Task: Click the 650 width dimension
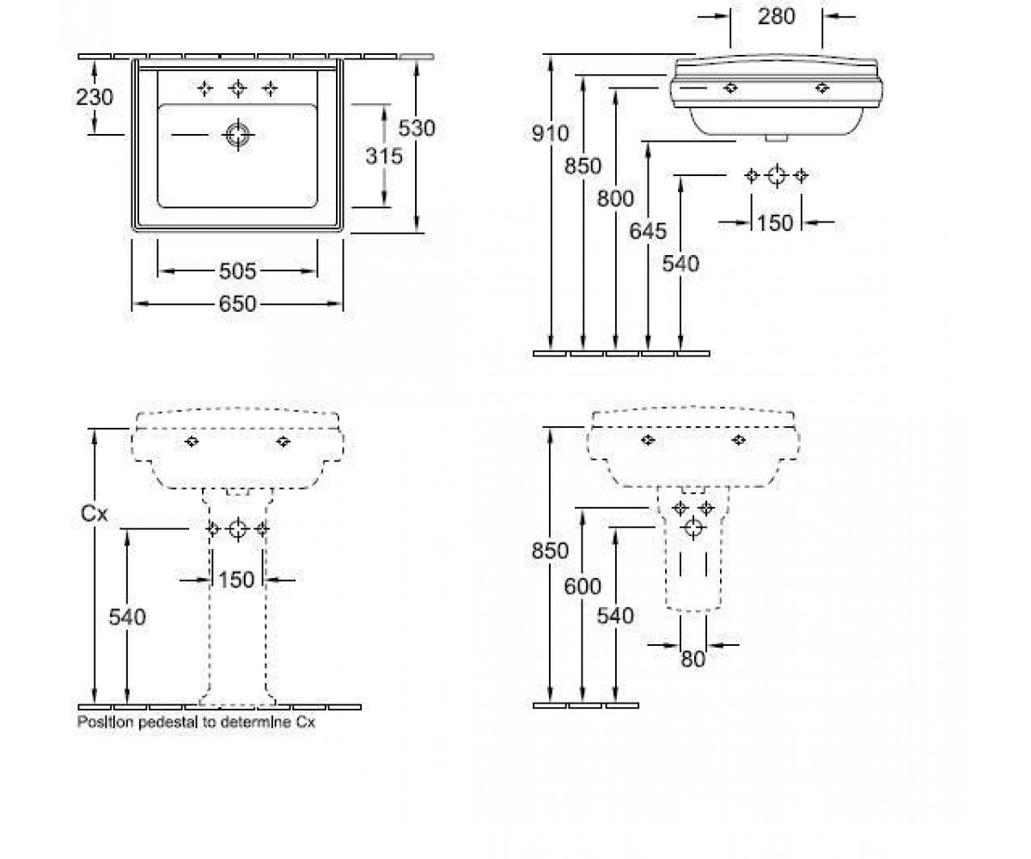pyautogui.click(x=237, y=303)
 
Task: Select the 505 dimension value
pyautogui.click(x=237, y=271)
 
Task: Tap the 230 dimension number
pyautogui.click(x=95, y=97)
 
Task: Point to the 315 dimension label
pyautogui.click(x=384, y=156)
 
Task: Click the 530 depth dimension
pyautogui.click(x=417, y=128)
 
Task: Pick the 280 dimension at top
pyautogui.click(x=777, y=17)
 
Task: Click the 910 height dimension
pyautogui.click(x=550, y=133)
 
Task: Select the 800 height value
pyautogui.click(x=615, y=198)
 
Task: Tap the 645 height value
pyautogui.click(x=648, y=231)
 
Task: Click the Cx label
pyautogui.click(x=94, y=514)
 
